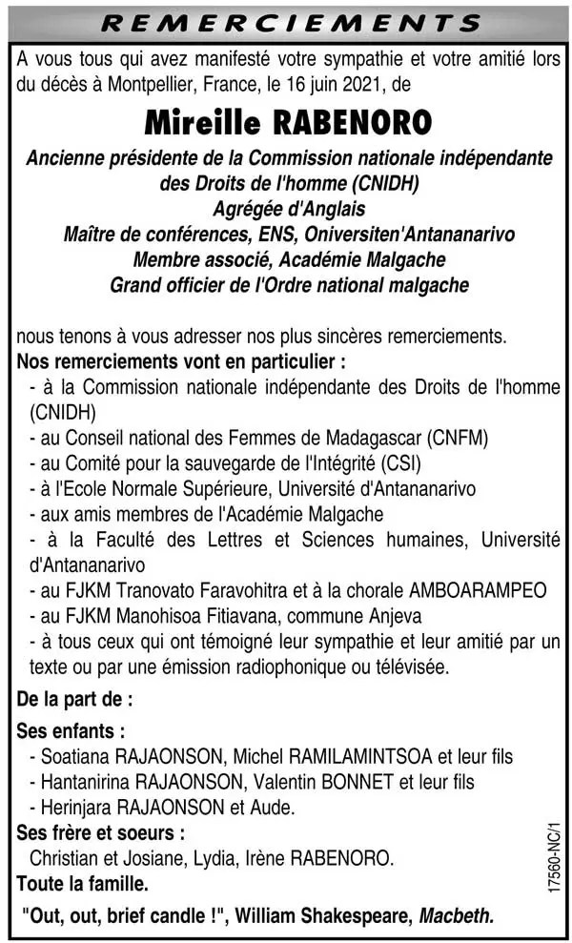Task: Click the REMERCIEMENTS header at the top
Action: click(286, 21)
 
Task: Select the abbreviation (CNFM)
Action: click(458, 439)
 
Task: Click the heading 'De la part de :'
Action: click(74, 699)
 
